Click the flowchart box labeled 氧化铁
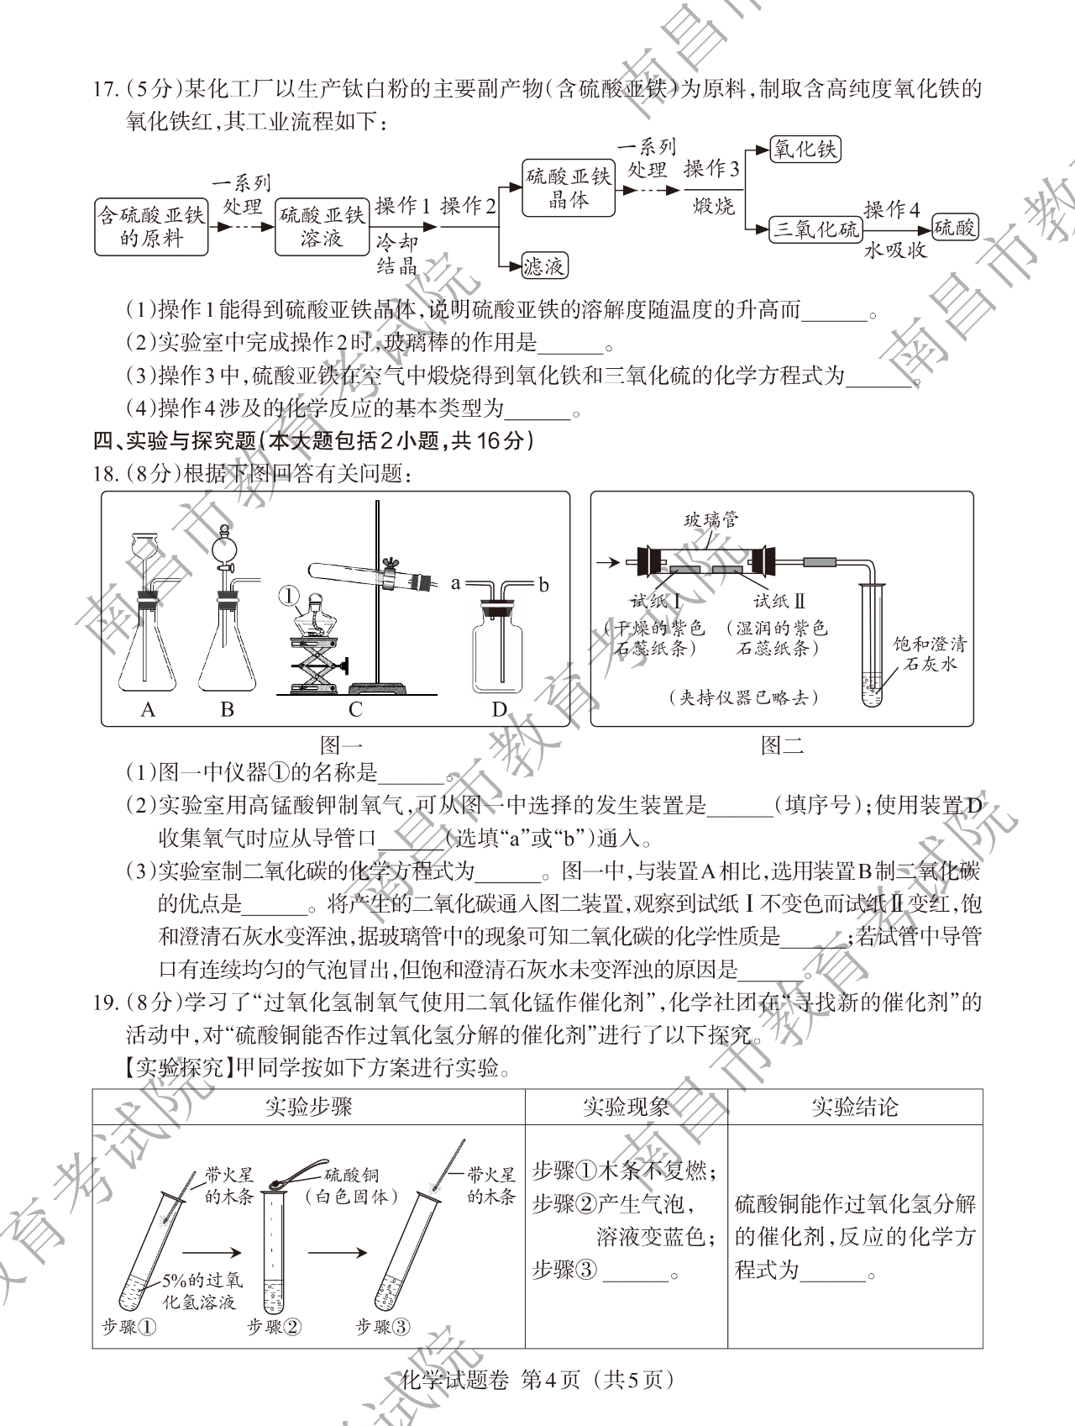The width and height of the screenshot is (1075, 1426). tap(805, 150)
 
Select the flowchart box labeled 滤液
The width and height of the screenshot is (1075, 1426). tap(543, 266)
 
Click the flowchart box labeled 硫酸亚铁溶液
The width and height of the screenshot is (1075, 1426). tap(322, 227)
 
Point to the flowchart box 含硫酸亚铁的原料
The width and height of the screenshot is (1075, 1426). tap(151, 227)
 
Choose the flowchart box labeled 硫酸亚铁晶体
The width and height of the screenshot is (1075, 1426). tap(569, 188)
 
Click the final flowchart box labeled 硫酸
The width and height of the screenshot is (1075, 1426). tap(955, 229)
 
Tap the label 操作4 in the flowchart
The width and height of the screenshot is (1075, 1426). tap(892, 208)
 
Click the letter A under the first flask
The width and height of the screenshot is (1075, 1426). tap(148, 709)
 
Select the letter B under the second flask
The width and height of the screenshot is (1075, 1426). tap(227, 709)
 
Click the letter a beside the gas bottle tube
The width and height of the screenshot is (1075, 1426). tap(456, 582)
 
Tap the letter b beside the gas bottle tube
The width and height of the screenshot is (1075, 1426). tap(543, 584)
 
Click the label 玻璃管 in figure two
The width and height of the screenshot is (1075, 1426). tap(711, 520)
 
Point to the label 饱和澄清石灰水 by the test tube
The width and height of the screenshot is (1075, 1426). tap(930, 654)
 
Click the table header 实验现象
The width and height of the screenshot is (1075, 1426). tap(627, 1107)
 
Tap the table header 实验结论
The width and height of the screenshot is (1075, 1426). tap(855, 1107)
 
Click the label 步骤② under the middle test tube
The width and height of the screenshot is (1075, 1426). tap(274, 1326)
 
